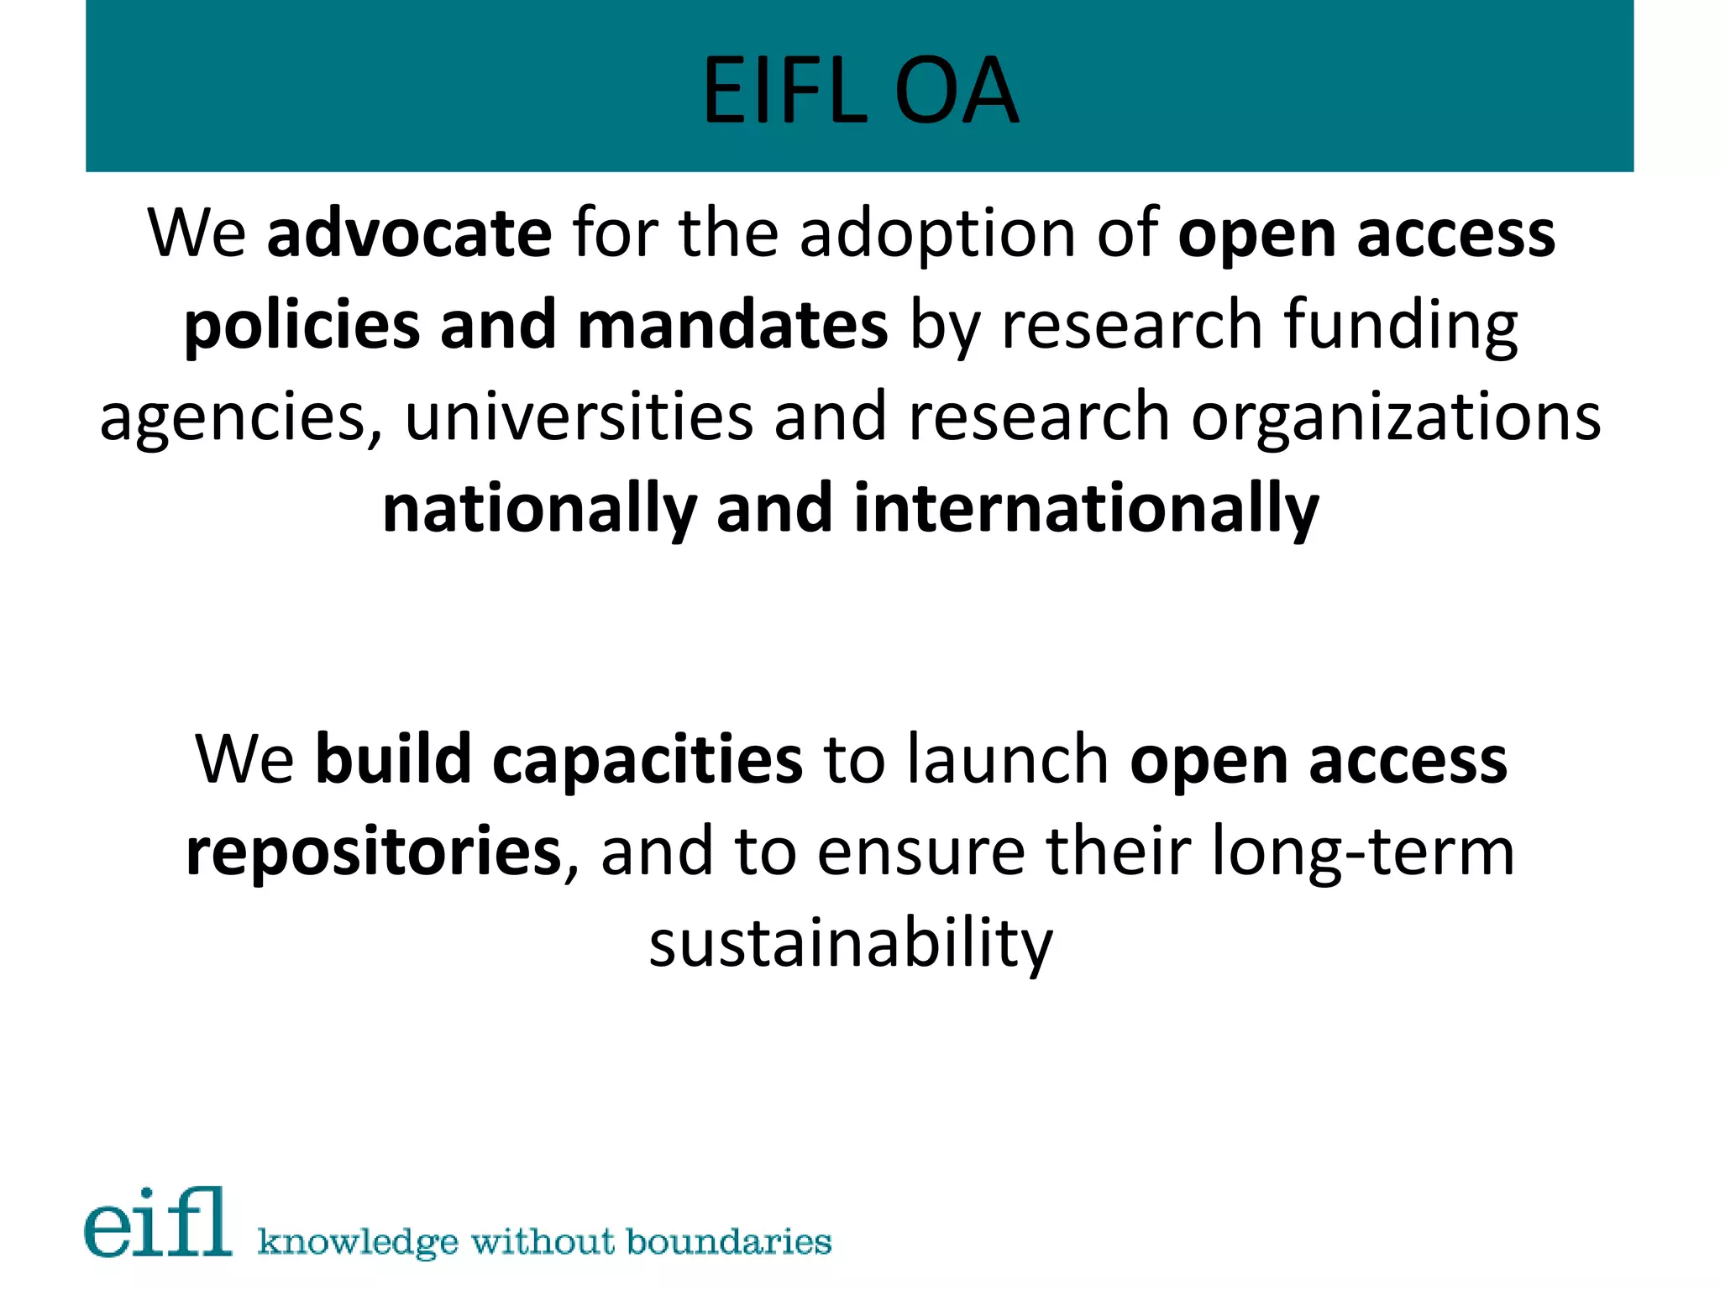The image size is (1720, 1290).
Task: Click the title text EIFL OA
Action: pyautogui.click(x=860, y=91)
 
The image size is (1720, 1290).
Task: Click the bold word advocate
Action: pyautogui.click(x=409, y=233)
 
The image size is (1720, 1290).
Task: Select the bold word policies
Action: pyautogui.click(x=302, y=326)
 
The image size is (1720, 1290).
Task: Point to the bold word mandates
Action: pyautogui.click(x=732, y=326)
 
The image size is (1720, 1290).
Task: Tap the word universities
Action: pyautogui.click(x=579, y=418)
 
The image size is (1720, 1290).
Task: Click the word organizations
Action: pyautogui.click(x=1396, y=418)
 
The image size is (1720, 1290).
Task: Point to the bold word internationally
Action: pyautogui.click(x=1086, y=510)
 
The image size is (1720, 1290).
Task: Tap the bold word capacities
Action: pyautogui.click(x=647, y=760)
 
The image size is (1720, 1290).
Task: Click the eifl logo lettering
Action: pyautogui.click(x=158, y=1223)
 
